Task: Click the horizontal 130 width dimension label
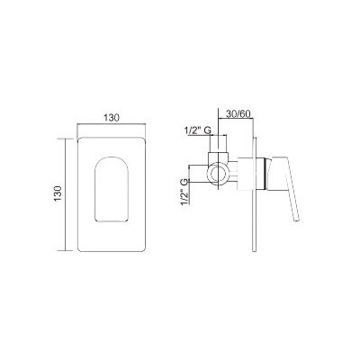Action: [x=112, y=118]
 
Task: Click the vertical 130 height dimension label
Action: [x=58, y=193]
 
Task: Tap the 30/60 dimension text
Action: [x=238, y=114]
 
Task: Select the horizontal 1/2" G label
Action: [x=198, y=130]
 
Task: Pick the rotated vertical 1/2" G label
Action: [x=184, y=192]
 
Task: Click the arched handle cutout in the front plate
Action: [x=112, y=190]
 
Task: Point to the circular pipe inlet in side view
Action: [x=218, y=174]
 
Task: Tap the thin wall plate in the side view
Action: [x=255, y=194]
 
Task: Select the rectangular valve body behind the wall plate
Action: [x=246, y=174]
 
